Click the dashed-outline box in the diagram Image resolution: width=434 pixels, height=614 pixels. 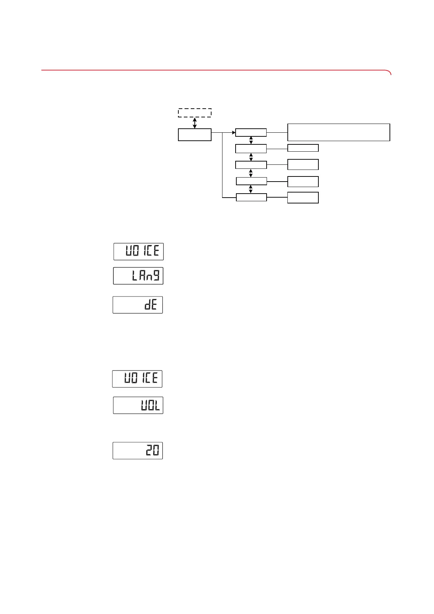pyautogui.click(x=195, y=113)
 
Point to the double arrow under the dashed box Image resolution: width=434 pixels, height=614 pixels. pyautogui.click(x=195, y=123)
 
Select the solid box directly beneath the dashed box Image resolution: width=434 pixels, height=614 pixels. pyautogui.click(x=195, y=135)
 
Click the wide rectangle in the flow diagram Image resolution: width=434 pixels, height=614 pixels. pyautogui.click(x=338, y=132)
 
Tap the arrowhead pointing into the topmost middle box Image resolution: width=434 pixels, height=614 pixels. pyautogui.click(x=233, y=132)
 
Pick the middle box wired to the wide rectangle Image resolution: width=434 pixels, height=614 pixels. pyautogui.click(x=251, y=132)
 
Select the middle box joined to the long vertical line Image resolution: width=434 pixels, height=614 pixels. pyautogui.click(x=251, y=197)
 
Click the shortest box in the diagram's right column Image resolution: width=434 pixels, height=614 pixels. pyautogui.click(x=303, y=148)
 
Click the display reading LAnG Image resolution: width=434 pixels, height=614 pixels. pyautogui.click(x=138, y=276)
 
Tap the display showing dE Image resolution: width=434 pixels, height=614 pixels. pyautogui.click(x=137, y=305)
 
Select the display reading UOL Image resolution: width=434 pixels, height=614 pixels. pyautogui.click(x=138, y=405)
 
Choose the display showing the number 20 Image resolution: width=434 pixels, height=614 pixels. pyautogui.click(x=137, y=451)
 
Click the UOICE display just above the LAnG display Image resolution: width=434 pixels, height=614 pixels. pyautogui.click(x=139, y=251)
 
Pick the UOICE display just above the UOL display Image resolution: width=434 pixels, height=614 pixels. pyautogui.click(x=137, y=379)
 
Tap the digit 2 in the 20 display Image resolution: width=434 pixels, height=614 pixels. pyautogui.click(x=149, y=451)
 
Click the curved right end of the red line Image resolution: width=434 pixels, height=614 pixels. pyautogui.click(x=389, y=72)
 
